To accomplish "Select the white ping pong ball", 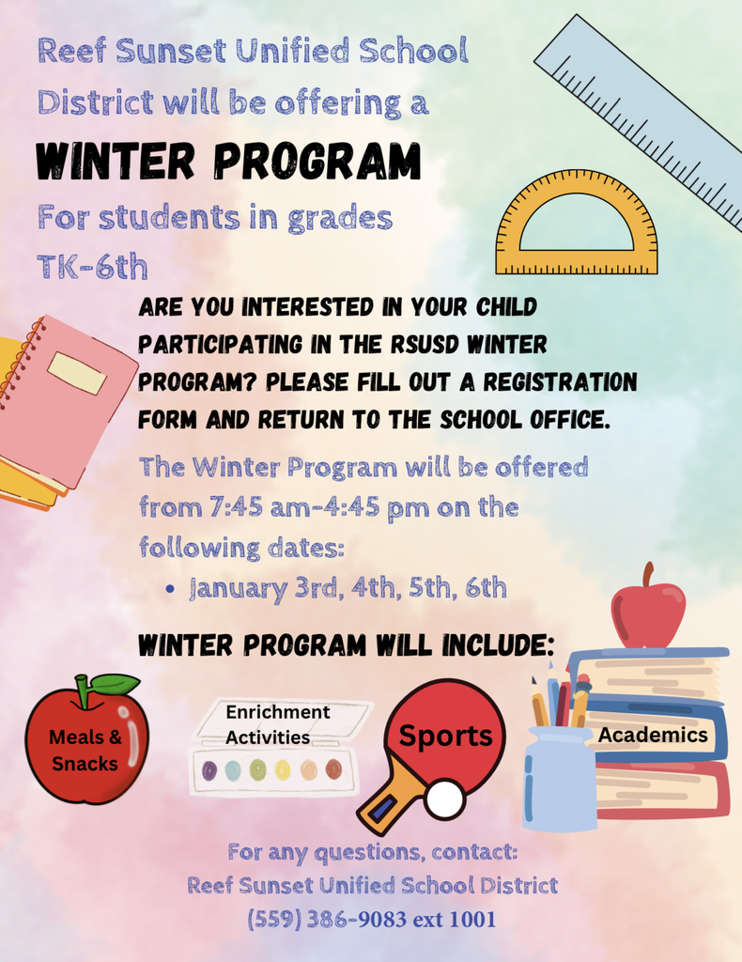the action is (x=445, y=799).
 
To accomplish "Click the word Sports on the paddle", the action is (x=446, y=736).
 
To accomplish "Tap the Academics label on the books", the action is (x=653, y=735).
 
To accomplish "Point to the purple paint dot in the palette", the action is (x=209, y=769).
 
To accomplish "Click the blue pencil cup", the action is (x=559, y=778).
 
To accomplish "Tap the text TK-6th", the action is (x=93, y=266).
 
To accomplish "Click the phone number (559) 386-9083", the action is (x=327, y=919).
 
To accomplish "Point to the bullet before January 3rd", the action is (x=170, y=589).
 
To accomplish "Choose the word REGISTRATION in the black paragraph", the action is (x=561, y=381).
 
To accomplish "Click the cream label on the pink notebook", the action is (x=77, y=373).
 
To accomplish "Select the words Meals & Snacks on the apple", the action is (x=85, y=750).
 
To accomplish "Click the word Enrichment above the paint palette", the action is (x=278, y=712).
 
